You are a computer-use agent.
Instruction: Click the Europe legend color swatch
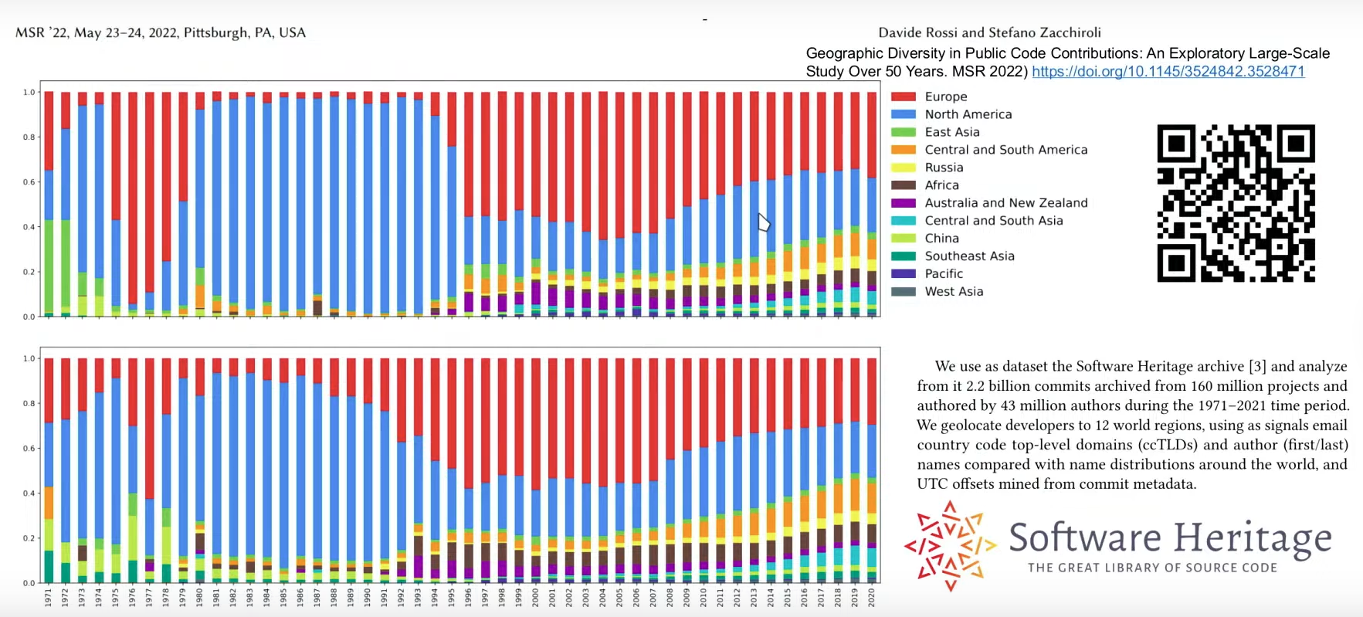904,97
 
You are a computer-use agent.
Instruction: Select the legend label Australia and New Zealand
1005,203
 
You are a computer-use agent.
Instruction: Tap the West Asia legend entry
954,292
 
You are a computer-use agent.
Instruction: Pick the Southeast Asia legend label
969,256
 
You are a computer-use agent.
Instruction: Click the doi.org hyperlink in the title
1168,72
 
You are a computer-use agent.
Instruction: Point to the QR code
1236,203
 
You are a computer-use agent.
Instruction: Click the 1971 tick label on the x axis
49,598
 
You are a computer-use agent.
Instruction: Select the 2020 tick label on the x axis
872,598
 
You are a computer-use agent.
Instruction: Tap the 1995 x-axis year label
452,598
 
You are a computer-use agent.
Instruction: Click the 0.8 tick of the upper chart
29,137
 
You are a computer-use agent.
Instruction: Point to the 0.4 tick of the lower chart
29,493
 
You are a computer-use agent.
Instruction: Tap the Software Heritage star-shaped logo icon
950,546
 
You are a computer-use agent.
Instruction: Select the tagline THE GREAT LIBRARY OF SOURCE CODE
1152,568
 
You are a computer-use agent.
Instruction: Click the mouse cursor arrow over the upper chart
763,222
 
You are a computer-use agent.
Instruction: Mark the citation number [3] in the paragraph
1257,367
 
